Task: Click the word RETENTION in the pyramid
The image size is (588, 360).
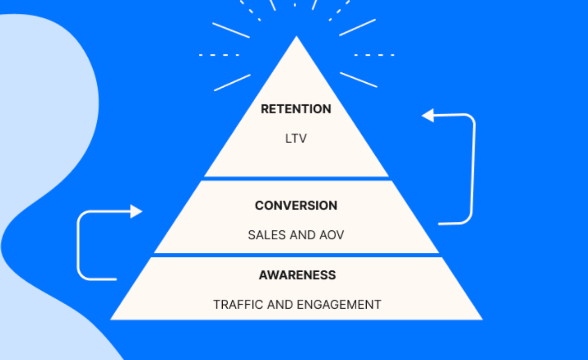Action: point(296,109)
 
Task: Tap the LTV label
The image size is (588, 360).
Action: point(296,138)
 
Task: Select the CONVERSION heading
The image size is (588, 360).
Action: point(296,205)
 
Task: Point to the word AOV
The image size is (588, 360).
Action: point(330,235)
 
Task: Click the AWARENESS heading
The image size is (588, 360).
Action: point(297,275)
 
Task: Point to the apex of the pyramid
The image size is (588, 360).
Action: point(296,37)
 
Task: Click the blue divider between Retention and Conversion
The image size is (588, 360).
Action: point(296,178)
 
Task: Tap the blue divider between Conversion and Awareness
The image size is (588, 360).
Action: point(296,255)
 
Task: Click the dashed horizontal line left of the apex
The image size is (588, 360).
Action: point(219,55)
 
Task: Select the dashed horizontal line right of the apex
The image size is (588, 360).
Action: point(374,55)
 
